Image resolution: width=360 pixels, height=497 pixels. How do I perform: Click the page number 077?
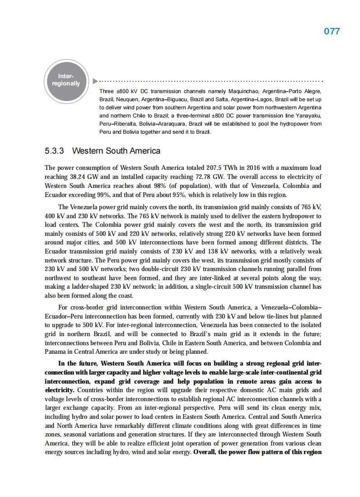tap(332, 31)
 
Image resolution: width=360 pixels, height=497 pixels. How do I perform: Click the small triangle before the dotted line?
tap(94, 81)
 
